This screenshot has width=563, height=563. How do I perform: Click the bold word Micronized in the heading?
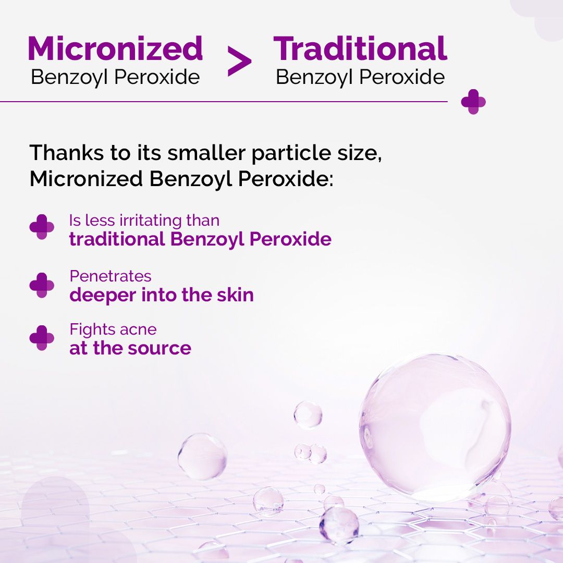[x=115, y=48]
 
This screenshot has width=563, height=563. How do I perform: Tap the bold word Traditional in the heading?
[x=360, y=48]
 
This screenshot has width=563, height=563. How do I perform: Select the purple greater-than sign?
[x=239, y=62]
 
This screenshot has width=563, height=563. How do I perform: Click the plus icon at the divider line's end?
[x=473, y=101]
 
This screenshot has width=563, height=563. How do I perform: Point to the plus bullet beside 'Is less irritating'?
[x=42, y=227]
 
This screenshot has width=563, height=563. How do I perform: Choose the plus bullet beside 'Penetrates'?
[x=42, y=285]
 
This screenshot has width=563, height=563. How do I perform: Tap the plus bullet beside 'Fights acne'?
[x=42, y=338]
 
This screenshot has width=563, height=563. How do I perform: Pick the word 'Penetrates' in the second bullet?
[x=111, y=276]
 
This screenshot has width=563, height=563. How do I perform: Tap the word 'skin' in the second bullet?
[x=236, y=295]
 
